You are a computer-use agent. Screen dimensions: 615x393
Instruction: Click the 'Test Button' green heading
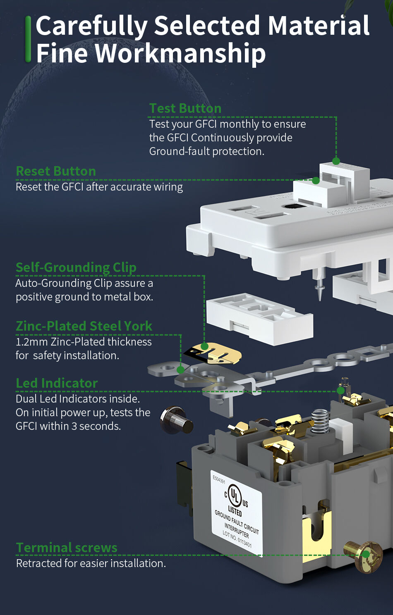(185, 108)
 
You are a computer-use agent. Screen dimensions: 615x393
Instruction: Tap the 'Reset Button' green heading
(56, 171)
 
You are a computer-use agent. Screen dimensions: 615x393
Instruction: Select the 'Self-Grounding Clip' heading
(76, 267)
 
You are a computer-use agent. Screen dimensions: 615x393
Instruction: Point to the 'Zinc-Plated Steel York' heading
(84, 326)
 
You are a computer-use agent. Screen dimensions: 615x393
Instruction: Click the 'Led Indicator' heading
(57, 383)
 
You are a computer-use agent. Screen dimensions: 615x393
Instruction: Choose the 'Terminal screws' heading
(67, 548)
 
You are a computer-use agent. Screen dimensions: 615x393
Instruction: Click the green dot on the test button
(336, 161)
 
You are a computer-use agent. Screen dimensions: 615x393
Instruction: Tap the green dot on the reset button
(316, 180)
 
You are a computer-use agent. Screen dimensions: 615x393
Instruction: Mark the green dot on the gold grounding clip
(204, 346)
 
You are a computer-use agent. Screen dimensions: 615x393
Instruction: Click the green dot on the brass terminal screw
(366, 555)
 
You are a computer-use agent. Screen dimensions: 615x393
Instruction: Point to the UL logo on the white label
(235, 494)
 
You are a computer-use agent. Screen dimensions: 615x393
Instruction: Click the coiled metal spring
(321, 421)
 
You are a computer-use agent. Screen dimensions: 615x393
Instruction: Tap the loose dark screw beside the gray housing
(177, 420)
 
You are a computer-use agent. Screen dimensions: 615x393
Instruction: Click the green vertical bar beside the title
(28, 39)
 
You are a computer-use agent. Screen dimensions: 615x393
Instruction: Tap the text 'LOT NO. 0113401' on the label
(237, 539)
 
